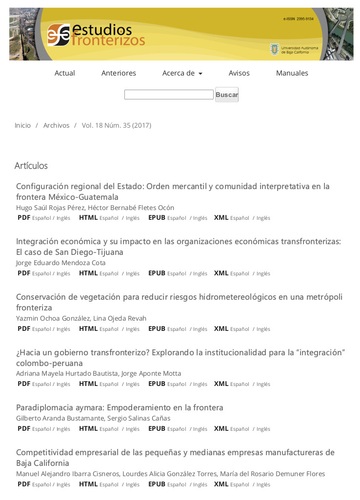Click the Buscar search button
(226, 95)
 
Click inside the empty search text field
(169, 95)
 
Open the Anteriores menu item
(119, 73)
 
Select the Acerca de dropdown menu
(182, 73)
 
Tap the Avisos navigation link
(239, 73)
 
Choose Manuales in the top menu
(292, 73)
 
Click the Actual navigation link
(64, 73)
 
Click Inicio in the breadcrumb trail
(22, 125)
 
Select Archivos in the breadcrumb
(56, 125)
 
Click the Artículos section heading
(31, 166)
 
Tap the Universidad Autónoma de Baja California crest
(275, 49)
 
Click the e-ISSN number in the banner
(298, 19)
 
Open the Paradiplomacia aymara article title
(120, 407)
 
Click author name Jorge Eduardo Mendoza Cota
(60, 263)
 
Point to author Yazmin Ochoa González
(52, 319)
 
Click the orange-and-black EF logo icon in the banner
(58, 35)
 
